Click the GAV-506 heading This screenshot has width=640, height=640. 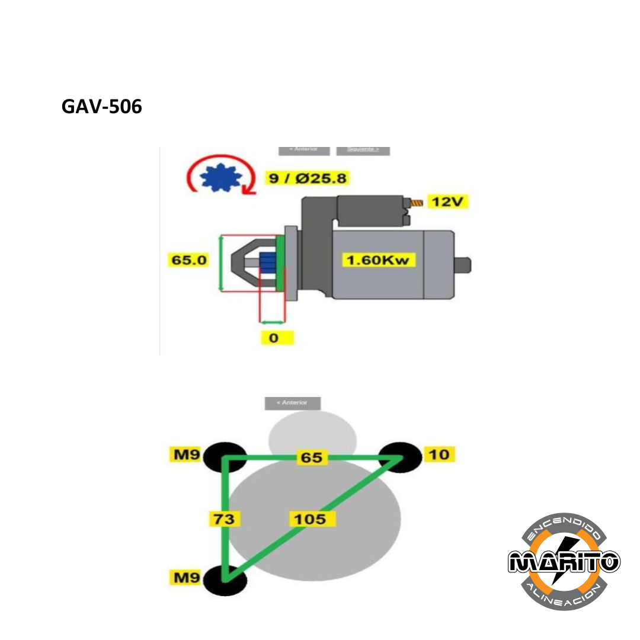click(x=102, y=107)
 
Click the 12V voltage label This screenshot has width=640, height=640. click(x=449, y=202)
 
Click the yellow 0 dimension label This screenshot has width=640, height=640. click(x=273, y=338)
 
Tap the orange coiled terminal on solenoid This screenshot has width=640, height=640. click(x=418, y=203)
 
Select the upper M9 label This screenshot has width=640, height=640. click(x=185, y=455)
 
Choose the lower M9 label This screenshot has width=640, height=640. click(x=185, y=576)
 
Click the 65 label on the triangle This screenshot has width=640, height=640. click(x=312, y=457)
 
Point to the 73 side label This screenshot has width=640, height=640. click(x=225, y=519)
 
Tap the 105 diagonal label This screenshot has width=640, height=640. click(x=312, y=519)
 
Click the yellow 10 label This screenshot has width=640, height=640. click(x=439, y=455)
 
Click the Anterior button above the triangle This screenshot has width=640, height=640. click(x=293, y=403)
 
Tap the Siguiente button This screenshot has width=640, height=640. click(x=363, y=149)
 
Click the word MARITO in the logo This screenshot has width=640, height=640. click(x=564, y=561)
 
